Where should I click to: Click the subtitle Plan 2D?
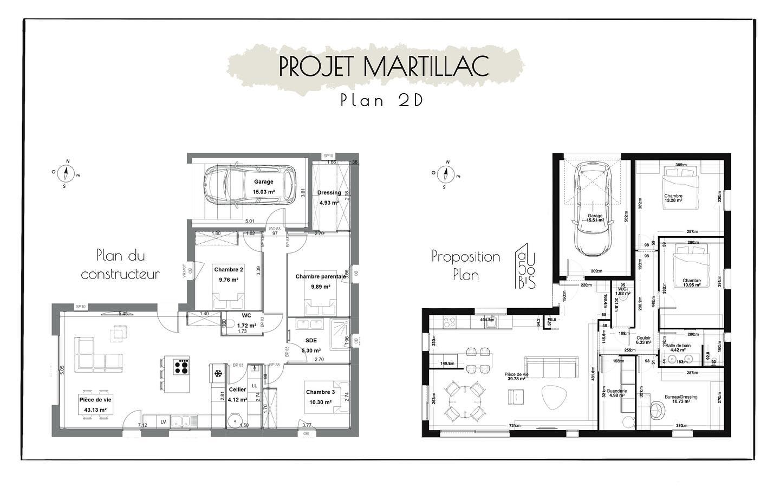click(x=382, y=101)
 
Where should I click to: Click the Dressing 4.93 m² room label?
click(x=329, y=197)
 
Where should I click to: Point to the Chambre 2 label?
click(x=229, y=274)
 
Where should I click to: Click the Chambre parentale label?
click(x=320, y=281)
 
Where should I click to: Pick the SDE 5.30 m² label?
click(x=311, y=345)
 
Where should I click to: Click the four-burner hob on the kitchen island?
click(x=181, y=367)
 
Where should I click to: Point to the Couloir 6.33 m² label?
click(x=643, y=340)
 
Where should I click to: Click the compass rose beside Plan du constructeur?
click(x=67, y=173)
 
